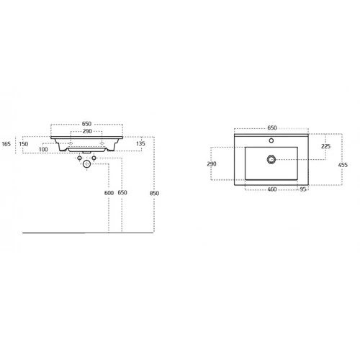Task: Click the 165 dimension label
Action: point(6,144)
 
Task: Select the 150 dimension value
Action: point(24,144)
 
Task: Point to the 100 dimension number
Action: point(43,149)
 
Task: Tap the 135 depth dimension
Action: point(140,143)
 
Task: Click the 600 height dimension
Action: point(109,193)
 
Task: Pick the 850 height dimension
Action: point(154,193)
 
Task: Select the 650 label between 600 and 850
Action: point(122,192)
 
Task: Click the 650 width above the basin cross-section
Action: point(86,124)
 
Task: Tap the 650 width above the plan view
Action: point(272,127)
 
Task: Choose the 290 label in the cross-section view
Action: point(87,131)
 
